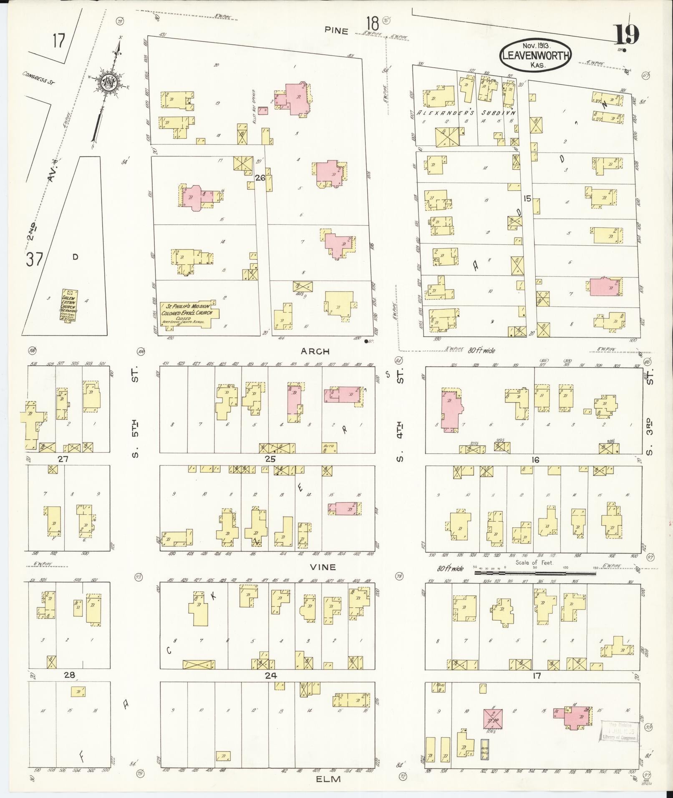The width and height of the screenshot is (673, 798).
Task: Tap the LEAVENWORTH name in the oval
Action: click(x=536, y=56)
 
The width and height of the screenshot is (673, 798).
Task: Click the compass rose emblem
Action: click(x=109, y=81)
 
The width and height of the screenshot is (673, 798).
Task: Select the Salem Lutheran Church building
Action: click(x=70, y=305)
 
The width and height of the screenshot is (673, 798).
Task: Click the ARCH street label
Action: click(x=315, y=351)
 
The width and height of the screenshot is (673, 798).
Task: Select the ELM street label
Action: click(x=328, y=778)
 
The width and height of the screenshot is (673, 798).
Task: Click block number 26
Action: click(x=260, y=178)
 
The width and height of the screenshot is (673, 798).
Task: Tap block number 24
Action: click(x=270, y=675)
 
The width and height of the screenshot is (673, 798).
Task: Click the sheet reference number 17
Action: click(x=59, y=41)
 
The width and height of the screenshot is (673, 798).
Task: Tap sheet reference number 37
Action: click(x=34, y=259)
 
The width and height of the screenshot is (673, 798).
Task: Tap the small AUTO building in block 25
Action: click(x=329, y=447)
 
